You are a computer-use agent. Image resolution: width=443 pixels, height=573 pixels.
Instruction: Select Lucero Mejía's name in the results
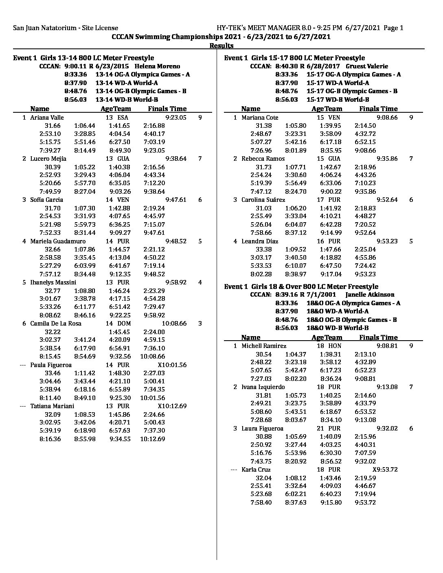[x=48, y=159]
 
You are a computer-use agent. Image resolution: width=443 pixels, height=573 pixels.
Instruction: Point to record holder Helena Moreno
[x=157, y=66]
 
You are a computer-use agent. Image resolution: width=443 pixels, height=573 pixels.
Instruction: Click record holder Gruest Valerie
[x=366, y=66]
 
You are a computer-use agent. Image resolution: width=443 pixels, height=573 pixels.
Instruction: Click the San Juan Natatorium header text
[x=66, y=28]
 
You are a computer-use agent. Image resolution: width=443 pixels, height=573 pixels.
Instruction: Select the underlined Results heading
[x=221, y=46]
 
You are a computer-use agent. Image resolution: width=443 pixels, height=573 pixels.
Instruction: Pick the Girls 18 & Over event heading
[x=301, y=286]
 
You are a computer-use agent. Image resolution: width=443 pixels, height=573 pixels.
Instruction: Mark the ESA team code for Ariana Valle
[x=123, y=118]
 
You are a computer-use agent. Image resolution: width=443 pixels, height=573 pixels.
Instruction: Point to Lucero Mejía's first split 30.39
[x=53, y=167]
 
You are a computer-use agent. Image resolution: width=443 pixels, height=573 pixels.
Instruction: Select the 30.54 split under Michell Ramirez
[x=263, y=354]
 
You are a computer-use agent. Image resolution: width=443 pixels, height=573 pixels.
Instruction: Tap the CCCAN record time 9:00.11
[x=76, y=66]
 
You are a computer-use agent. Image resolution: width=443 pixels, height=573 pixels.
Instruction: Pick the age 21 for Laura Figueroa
[x=320, y=429]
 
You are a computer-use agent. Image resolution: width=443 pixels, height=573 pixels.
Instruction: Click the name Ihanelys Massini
[x=53, y=282]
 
